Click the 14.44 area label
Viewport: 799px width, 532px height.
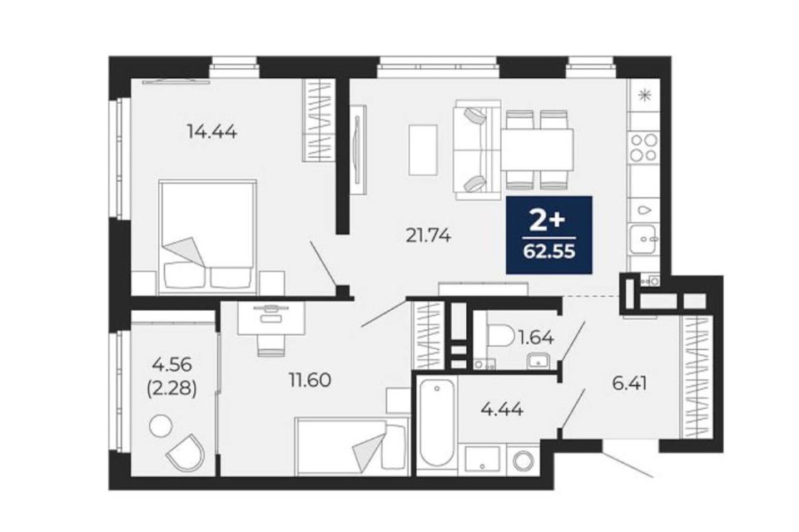pyautogui.click(x=211, y=132)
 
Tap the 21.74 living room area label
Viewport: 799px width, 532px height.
pyautogui.click(x=428, y=235)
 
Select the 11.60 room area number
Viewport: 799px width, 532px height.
pyautogui.click(x=310, y=380)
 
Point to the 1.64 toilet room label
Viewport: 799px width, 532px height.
pyautogui.click(x=535, y=337)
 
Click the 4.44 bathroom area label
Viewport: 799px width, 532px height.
pyautogui.click(x=502, y=409)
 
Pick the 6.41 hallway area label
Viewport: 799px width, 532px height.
pyautogui.click(x=630, y=383)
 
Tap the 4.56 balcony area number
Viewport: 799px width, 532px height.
pyautogui.click(x=171, y=365)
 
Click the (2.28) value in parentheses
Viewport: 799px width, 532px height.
pyautogui.click(x=171, y=389)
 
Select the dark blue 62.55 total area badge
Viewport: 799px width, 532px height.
pyautogui.click(x=548, y=234)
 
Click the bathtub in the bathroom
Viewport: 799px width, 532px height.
pyautogui.click(x=437, y=424)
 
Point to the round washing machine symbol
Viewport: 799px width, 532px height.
pyautogui.click(x=524, y=461)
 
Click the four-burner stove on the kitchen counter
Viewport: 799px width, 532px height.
pyautogui.click(x=643, y=147)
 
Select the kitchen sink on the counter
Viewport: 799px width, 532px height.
pyautogui.click(x=644, y=239)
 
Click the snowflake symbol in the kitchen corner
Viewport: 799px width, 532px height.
pyautogui.click(x=645, y=95)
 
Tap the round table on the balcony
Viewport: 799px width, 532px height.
pyautogui.click(x=161, y=426)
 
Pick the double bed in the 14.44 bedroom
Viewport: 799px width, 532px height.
pyautogui.click(x=207, y=236)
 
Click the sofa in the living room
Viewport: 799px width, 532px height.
pyautogui.click(x=478, y=150)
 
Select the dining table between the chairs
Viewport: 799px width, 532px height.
pyautogui.click(x=538, y=150)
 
